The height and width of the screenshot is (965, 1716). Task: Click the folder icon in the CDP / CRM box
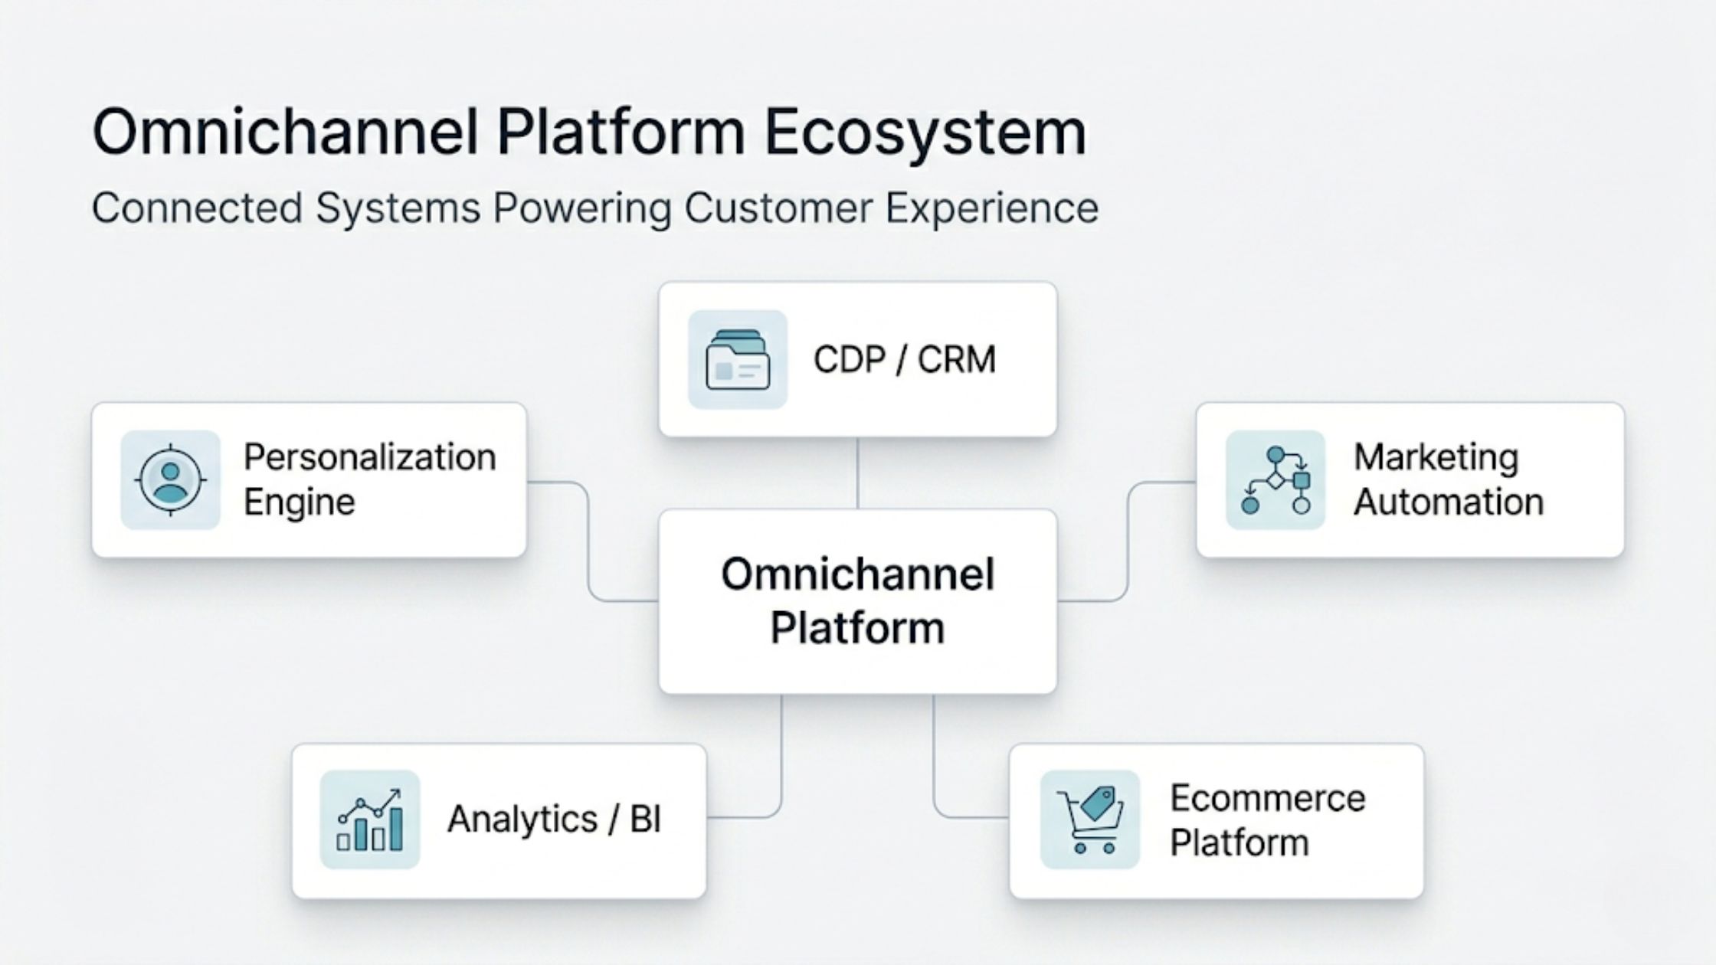pyautogui.click(x=737, y=359)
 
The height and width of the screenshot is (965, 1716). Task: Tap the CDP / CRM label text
pyautogui.click(x=904, y=359)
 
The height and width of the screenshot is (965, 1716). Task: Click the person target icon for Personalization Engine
pyautogui.click(x=170, y=479)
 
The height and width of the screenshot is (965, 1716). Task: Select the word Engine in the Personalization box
pyautogui.click(x=299, y=502)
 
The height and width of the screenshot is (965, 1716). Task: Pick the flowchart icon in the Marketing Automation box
pyautogui.click(x=1275, y=479)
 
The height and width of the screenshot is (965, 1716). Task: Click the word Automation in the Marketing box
pyautogui.click(x=1448, y=502)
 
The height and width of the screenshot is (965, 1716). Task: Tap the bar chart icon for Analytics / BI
pyautogui.click(x=369, y=819)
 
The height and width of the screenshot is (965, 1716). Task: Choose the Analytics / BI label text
pyautogui.click(x=553, y=819)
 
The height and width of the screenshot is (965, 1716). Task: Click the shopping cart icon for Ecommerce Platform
pyautogui.click(x=1089, y=819)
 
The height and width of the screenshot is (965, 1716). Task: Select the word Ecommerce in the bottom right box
pyautogui.click(x=1267, y=798)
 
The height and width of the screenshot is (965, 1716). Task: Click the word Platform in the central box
pyautogui.click(x=856, y=628)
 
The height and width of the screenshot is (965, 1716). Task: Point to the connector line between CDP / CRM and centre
pyautogui.click(x=857, y=473)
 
